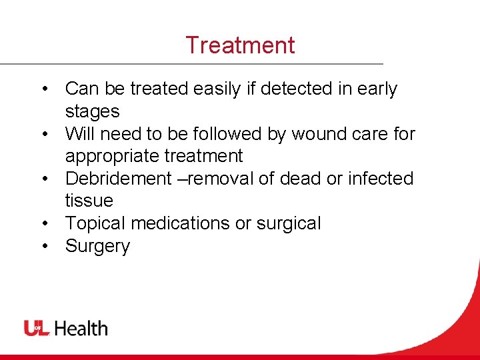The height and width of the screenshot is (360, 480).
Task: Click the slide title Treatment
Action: tap(240, 45)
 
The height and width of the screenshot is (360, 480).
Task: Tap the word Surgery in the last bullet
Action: tap(97, 247)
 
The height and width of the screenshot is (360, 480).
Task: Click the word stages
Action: tap(92, 112)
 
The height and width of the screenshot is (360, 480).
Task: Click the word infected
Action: tap(381, 179)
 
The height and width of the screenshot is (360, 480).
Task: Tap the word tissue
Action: tap(89, 201)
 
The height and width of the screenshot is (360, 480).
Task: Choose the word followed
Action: tap(224, 134)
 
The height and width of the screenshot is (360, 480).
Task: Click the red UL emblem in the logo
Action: tap(37, 328)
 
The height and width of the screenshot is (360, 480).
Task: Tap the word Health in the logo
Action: tap(81, 328)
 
